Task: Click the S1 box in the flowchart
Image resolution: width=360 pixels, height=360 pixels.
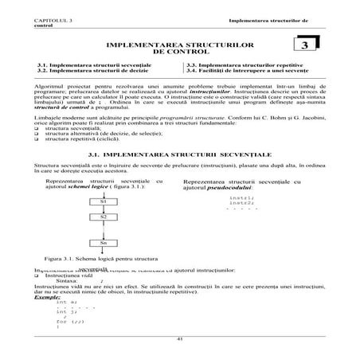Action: coord(103,202)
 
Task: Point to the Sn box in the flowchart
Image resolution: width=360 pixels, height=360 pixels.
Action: coord(103,243)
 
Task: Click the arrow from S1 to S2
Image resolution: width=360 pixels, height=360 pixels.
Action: coord(103,209)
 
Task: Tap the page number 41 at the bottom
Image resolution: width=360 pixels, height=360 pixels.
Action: coord(180,339)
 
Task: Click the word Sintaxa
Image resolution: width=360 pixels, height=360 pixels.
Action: coord(68,281)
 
